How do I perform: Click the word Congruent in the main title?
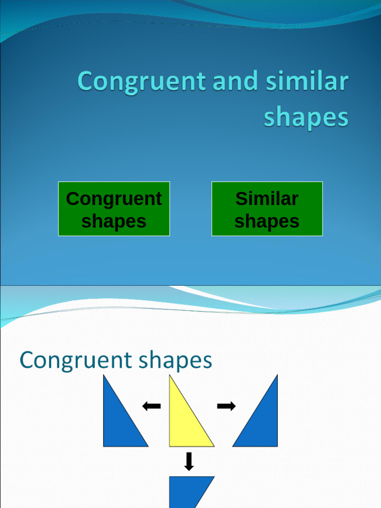[142, 82]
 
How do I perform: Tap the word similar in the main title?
[306, 82]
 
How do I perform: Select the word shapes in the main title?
[306, 118]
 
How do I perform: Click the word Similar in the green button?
[267, 198]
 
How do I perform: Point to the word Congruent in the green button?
[114, 198]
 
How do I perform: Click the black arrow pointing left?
[151, 407]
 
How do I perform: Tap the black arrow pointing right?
[226, 407]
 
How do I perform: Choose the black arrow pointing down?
[189, 461]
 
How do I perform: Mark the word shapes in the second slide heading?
[176, 361]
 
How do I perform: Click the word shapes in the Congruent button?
[114, 221]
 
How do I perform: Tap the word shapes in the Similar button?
[267, 221]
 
